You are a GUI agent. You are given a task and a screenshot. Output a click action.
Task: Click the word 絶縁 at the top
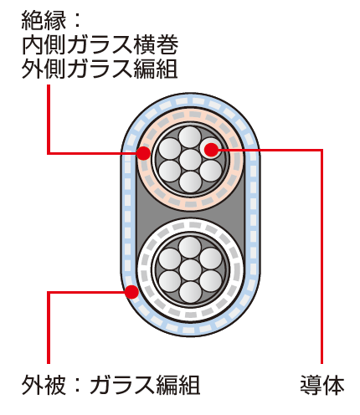[x=44, y=20]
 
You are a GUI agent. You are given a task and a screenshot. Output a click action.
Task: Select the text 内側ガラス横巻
[x=100, y=45]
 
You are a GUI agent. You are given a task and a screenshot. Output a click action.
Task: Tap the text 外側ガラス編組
[x=100, y=69]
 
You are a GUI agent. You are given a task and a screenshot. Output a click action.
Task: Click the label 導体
[x=322, y=385]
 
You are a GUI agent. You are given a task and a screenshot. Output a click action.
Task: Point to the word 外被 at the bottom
[x=44, y=385]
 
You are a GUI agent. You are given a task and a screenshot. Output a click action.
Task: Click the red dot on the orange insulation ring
[x=143, y=153]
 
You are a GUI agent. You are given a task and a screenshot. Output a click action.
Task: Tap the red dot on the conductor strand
[x=211, y=150]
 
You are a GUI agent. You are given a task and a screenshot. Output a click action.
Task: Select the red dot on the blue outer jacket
[x=131, y=292]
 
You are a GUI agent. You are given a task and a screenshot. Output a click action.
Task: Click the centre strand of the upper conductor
[x=191, y=160]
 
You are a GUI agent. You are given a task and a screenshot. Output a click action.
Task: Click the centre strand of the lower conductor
[x=191, y=270]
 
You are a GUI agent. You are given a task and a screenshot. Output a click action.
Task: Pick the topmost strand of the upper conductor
[x=190, y=137]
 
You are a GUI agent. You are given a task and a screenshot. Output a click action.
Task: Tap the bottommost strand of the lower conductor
[x=191, y=292]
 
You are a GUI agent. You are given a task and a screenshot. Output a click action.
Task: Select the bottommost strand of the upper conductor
[x=191, y=182]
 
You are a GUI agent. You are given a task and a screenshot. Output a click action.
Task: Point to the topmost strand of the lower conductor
[x=190, y=248]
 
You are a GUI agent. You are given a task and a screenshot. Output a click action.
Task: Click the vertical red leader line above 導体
[x=321, y=257]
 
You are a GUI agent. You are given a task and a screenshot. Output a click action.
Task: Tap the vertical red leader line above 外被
[x=49, y=328]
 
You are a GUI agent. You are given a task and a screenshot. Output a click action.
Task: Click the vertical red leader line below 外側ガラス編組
[x=49, y=120]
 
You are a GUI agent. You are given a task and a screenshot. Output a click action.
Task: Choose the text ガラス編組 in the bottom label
[x=145, y=385]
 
